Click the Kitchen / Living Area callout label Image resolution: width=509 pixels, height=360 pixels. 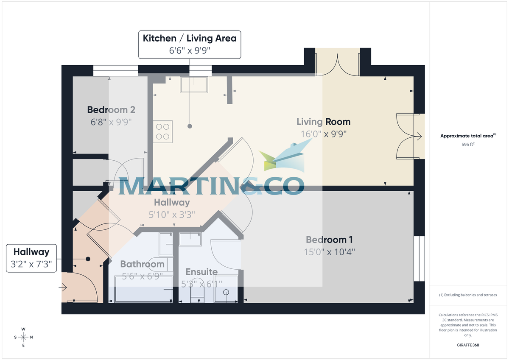click(x=190, y=38)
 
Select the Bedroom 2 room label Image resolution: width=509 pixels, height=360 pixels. click(x=111, y=110)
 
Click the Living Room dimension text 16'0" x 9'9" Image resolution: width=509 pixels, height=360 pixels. click(x=323, y=134)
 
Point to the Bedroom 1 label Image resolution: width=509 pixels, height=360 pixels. click(x=329, y=240)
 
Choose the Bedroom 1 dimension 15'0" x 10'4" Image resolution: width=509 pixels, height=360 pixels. click(x=329, y=251)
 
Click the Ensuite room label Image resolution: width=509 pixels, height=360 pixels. click(x=201, y=272)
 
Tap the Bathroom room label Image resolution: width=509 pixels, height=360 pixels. click(x=142, y=264)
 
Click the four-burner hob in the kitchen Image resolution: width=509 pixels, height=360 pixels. click(x=163, y=131)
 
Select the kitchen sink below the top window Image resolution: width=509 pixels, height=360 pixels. click(x=194, y=85)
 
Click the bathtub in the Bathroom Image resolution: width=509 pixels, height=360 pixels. click(x=143, y=289)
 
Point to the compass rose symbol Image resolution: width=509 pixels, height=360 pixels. click(x=23, y=337)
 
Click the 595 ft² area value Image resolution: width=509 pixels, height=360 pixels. click(x=468, y=144)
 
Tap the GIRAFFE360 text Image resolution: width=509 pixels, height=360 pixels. click(x=468, y=345)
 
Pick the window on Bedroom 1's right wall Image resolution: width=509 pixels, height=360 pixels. click(x=419, y=259)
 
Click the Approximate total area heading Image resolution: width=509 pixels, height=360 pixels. click(x=467, y=136)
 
